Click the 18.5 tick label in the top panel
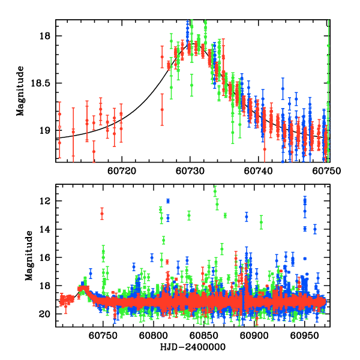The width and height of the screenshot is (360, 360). pos(43,83)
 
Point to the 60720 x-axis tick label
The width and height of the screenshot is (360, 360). pos(122,171)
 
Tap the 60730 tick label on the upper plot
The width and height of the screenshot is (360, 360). pos(190,171)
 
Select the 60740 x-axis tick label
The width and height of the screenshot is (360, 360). pos(259,171)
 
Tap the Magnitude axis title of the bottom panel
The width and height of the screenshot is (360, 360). pos(28,256)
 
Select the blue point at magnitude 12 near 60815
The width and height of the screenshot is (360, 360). pos(168,200)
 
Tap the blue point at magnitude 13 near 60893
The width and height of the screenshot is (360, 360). pos(246,217)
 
